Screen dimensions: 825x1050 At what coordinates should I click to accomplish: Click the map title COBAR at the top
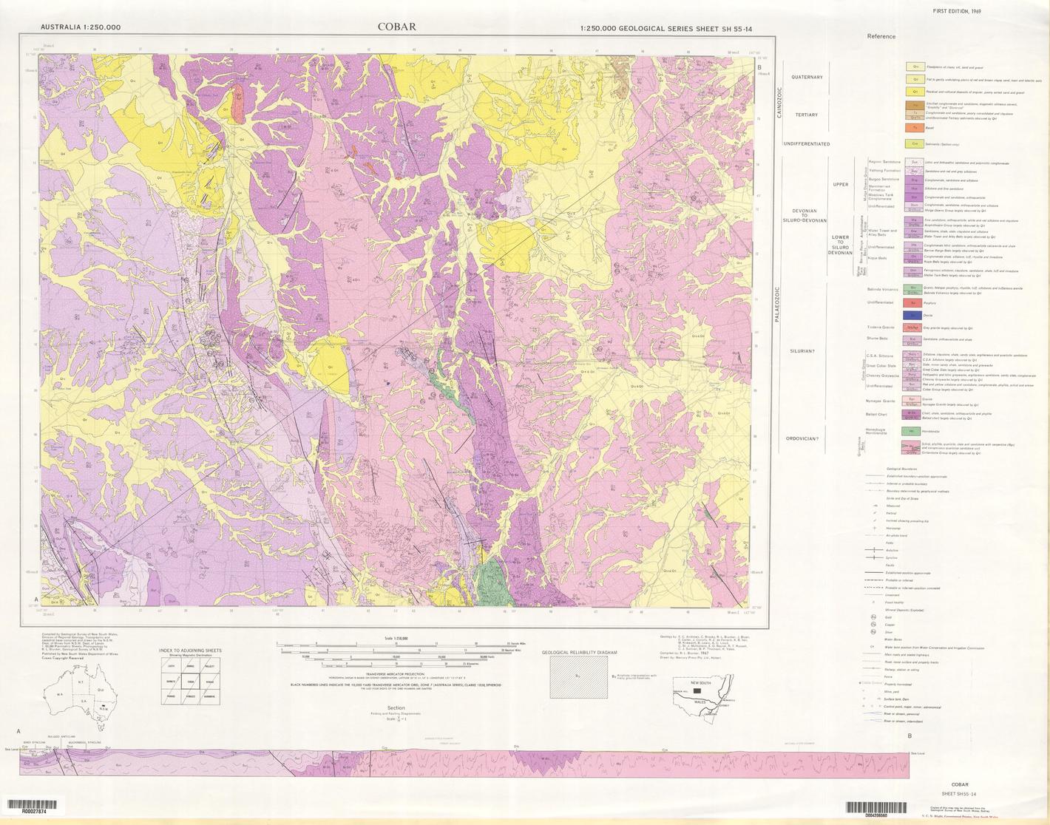[397, 27]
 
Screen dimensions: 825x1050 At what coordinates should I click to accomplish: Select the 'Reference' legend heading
[881, 36]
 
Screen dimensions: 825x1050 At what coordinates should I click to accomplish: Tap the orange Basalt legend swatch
[915, 128]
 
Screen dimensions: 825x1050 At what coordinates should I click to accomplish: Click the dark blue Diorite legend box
[915, 315]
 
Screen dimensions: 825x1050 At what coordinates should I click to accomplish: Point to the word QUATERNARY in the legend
[807, 77]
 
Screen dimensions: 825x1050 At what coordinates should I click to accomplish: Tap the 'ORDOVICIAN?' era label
[802, 438]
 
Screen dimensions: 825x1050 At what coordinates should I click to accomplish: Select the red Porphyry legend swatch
[915, 302]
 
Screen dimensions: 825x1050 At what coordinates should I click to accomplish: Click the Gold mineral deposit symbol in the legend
[875, 617]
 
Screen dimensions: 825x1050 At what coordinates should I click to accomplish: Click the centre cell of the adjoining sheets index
[191, 683]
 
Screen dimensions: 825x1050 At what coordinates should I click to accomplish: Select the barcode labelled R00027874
[34, 804]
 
